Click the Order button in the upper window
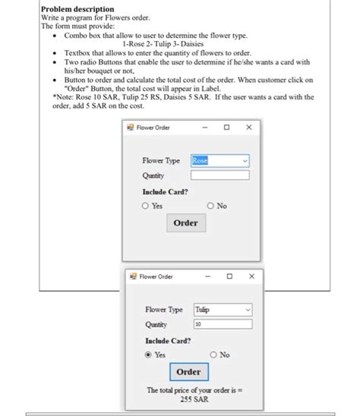tap(185, 222)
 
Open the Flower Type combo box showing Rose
tap(219, 160)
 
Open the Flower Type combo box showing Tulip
tap(223, 310)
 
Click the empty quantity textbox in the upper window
tap(219, 175)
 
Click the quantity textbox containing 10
tap(223, 323)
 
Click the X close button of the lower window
tap(251, 276)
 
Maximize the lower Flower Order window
tap(229, 276)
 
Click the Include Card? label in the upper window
tap(165, 191)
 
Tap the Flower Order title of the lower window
tap(156, 276)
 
